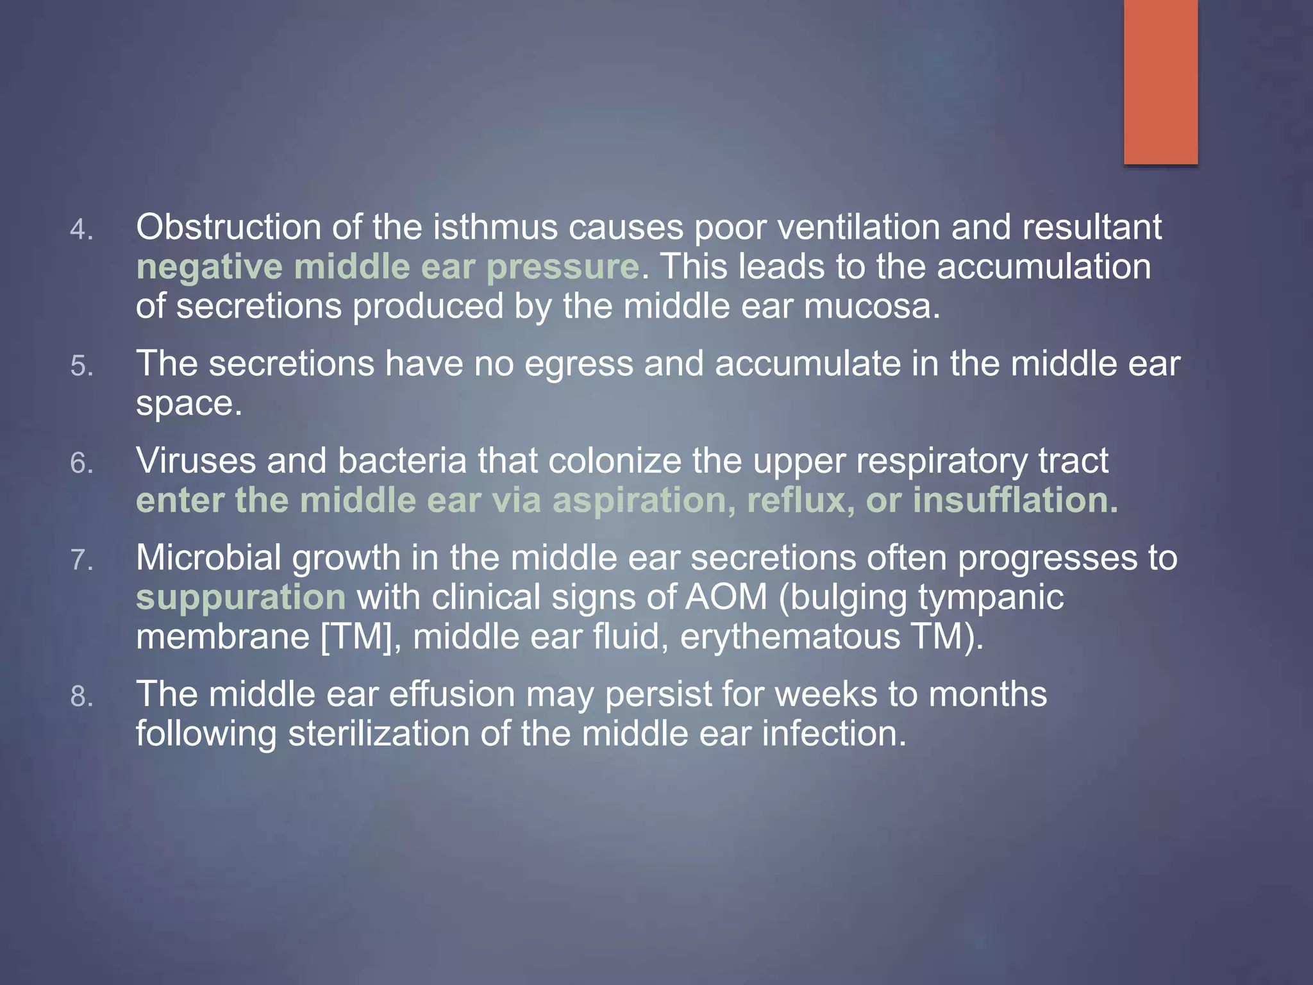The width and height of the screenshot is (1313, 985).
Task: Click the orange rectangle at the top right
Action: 1160,82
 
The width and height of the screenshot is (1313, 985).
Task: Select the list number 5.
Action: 81,366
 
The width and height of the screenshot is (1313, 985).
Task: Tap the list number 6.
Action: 81,464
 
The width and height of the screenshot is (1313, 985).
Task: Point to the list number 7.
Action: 81,560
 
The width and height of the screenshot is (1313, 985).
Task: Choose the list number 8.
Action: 81,696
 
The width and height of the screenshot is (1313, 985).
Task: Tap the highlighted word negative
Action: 209,267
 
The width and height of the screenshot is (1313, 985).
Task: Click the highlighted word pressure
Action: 562,267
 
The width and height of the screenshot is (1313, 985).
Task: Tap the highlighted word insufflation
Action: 1015,501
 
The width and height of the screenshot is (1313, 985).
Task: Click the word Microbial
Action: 208,558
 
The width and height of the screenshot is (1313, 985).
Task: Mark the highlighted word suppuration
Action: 240,598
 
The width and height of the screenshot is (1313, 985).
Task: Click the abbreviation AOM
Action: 726,598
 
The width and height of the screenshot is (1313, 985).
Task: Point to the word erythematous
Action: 790,637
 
